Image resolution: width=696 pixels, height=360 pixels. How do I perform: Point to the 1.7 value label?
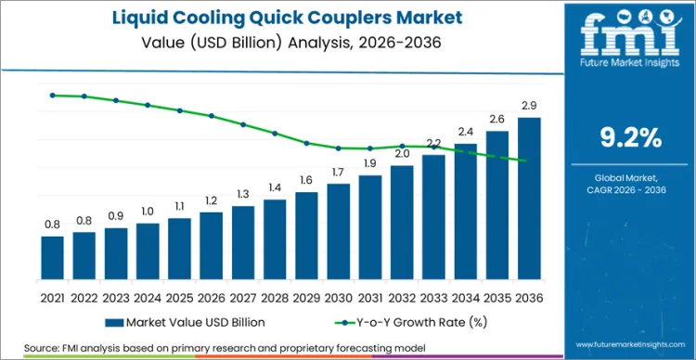click(339, 173)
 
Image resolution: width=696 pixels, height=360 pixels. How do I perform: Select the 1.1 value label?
click(180, 206)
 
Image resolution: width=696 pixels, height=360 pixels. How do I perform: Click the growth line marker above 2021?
click(53, 95)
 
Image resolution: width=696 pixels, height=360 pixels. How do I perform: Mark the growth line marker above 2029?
click(307, 143)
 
